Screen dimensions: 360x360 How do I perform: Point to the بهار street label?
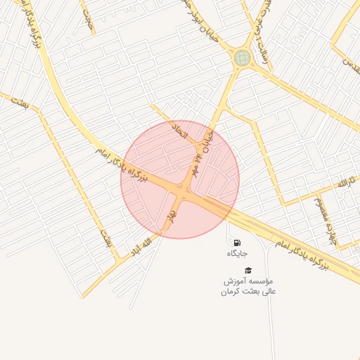tap(169, 209)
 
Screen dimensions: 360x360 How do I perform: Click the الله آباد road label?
tap(141, 245)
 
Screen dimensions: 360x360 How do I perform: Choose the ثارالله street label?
tap(340, 183)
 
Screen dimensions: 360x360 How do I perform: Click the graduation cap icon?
tap(247, 270)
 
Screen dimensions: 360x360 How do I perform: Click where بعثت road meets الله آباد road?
tap(114, 261)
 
